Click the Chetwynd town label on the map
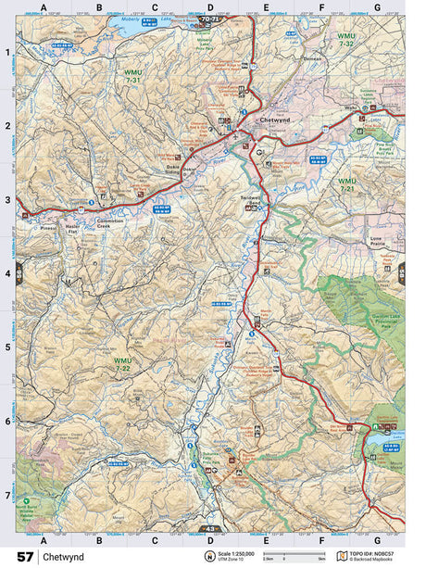point(277,120)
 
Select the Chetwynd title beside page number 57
point(62,556)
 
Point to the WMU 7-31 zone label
point(132,76)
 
